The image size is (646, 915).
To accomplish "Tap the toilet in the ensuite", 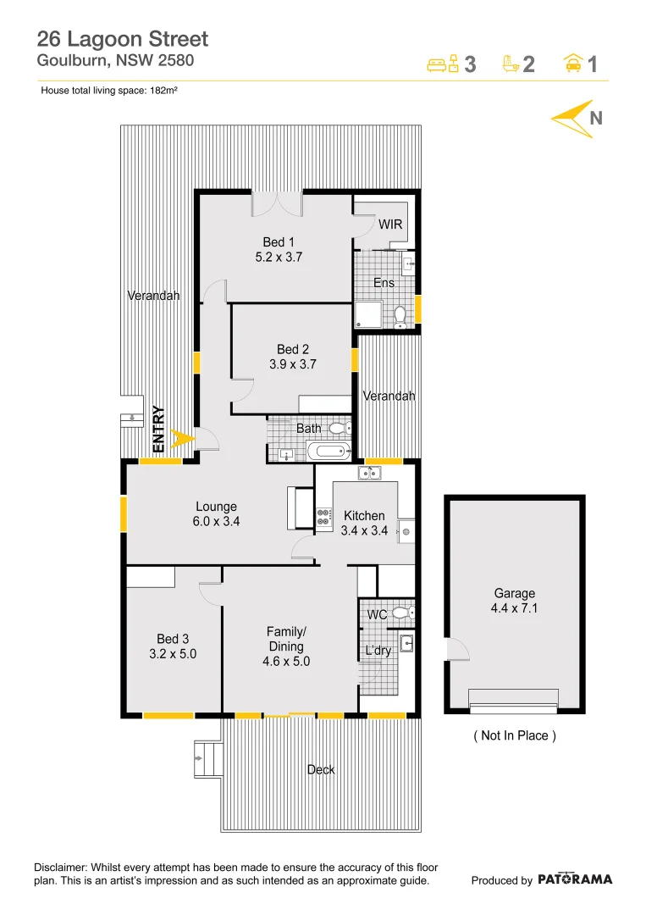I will pos(401,316).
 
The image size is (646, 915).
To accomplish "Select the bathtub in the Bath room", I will pos(328,450).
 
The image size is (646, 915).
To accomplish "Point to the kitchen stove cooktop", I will pos(323,518).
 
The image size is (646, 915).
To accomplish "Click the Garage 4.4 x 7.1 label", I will pos(514,601).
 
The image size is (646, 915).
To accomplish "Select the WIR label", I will pos(390,225).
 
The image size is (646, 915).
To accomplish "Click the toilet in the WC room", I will pos(403,613).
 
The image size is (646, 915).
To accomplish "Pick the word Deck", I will pos(320,769).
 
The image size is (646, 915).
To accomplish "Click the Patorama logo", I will pos(575,879).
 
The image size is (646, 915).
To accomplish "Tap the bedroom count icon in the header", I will pos(443,64).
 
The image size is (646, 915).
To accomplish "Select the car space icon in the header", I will pos(573,64).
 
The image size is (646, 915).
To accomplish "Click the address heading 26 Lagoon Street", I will pos(123,38).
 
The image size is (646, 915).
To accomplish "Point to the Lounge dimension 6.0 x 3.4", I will pos(216,522).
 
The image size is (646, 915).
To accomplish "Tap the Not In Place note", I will pos(514,735).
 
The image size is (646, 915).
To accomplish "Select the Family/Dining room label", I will pos(286,646).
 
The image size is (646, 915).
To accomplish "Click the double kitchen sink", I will pos(369,472).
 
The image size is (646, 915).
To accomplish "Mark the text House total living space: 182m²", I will pos(108,90).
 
